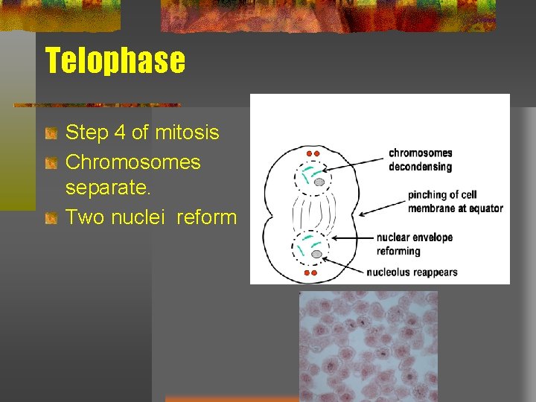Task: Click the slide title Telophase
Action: pyautogui.click(x=115, y=60)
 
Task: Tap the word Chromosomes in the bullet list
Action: pyautogui.click(x=133, y=162)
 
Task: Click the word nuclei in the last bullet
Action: pyautogui.click(x=140, y=217)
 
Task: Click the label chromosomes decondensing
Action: pyautogui.click(x=420, y=159)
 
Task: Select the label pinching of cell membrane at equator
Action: pyautogui.click(x=455, y=202)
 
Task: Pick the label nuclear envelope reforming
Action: pyautogui.click(x=414, y=244)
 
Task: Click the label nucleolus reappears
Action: pyautogui.click(x=412, y=272)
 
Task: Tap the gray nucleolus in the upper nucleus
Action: pyautogui.click(x=319, y=182)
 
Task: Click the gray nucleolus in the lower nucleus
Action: pyautogui.click(x=316, y=254)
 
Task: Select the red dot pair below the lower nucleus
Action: pyautogui.click(x=310, y=273)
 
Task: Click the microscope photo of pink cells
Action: pyautogui.click(x=368, y=345)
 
